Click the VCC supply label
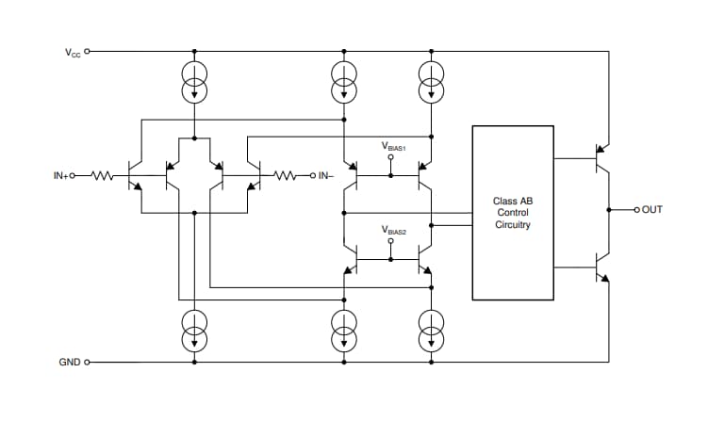[73, 53]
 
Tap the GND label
[70, 362]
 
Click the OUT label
[651, 209]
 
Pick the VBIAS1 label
[393, 146]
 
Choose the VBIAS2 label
[393, 230]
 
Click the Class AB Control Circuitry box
[512, 213]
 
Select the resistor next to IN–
[286, 175]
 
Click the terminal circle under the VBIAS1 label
[391, 157]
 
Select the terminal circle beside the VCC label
[88, 52]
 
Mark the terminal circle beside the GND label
[88, 362]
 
